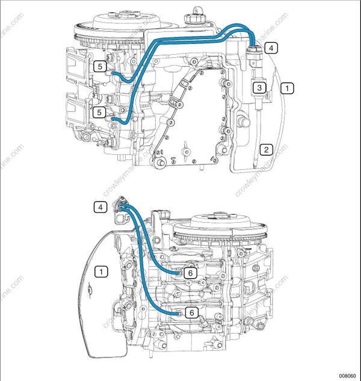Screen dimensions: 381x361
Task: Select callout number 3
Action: [259, 87]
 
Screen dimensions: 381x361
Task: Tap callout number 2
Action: [266, 149]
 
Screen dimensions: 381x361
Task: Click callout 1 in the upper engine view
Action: [289, 88]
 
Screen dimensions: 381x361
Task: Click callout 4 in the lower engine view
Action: [101, 207]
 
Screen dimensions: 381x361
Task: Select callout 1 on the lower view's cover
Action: [102, 271]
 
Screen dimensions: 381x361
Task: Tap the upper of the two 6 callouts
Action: [190, 273]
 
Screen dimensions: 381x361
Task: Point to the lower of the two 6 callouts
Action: [190, 312]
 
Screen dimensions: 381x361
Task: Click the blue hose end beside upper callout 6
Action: [178, 273]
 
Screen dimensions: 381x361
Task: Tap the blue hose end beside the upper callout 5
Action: [113, 72]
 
